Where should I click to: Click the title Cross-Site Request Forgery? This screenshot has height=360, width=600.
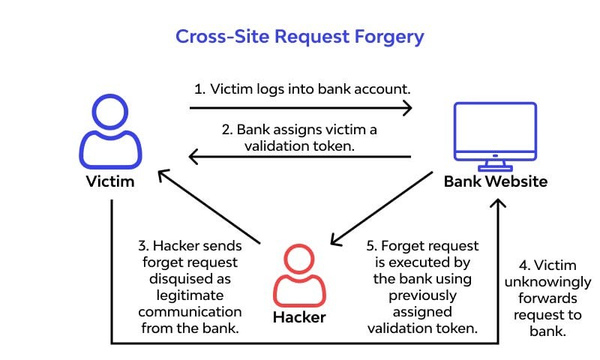pyautogui.click(x=299, y=36)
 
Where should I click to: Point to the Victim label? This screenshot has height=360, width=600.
pyautogui.click(x=110, y=181)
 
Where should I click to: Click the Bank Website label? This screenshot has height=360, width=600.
pyautogui.click(x=495, y=181)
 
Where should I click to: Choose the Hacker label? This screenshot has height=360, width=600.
pyautogui.click(x=299, y=316)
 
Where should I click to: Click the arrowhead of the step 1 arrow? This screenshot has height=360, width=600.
pyautogui.click(x=406, y=108)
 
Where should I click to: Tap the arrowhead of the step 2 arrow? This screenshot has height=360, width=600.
pyautogui.click(x=193, y=157)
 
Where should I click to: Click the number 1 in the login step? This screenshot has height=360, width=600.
pyautogui.click(x=198, y=88)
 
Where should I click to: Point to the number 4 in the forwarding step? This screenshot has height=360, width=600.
pyautogui.click(x=523, y=265)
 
